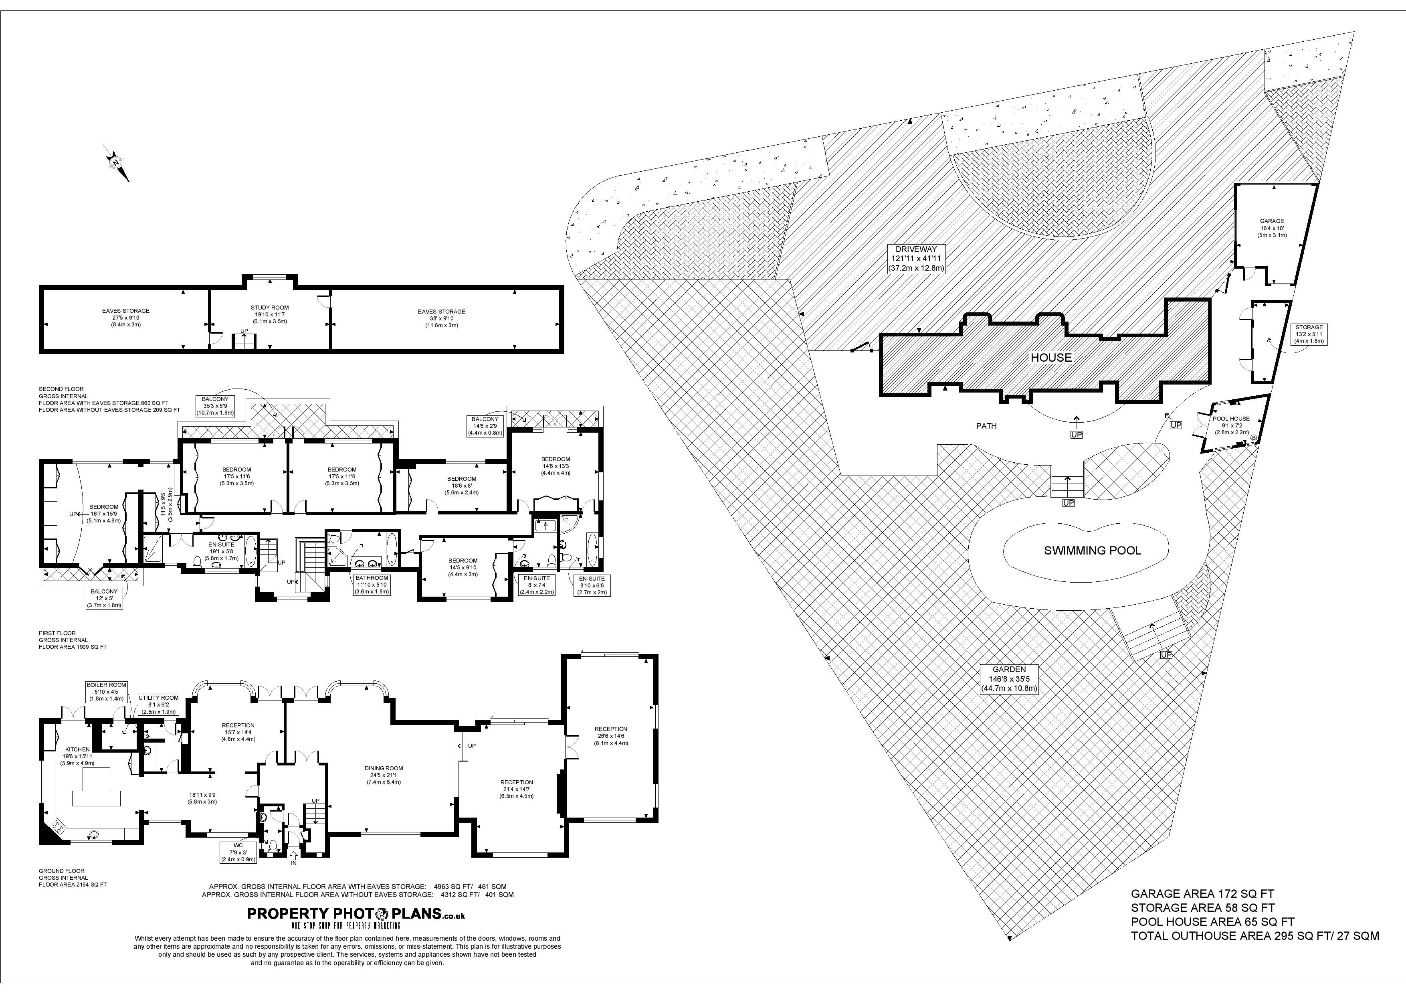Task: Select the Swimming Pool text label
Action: click(1093, 551)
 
